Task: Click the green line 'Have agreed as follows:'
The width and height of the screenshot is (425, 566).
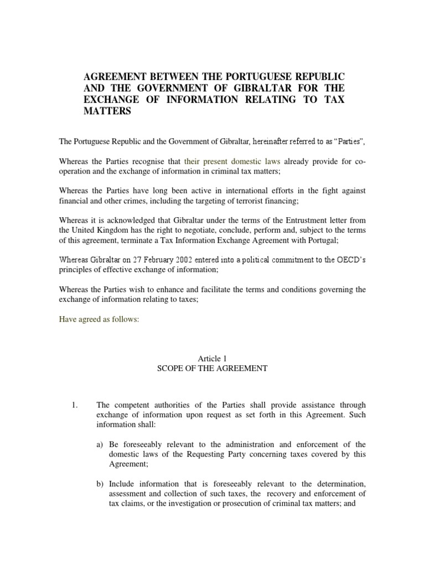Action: pos(99,319)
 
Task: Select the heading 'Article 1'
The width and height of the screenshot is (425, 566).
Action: pos(212,358)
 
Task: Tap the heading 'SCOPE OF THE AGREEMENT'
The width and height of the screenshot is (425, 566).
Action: pos(212,368)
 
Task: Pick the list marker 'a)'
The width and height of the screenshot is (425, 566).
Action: pos(101,445)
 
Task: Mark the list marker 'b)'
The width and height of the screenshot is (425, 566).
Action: pos(101,484)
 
